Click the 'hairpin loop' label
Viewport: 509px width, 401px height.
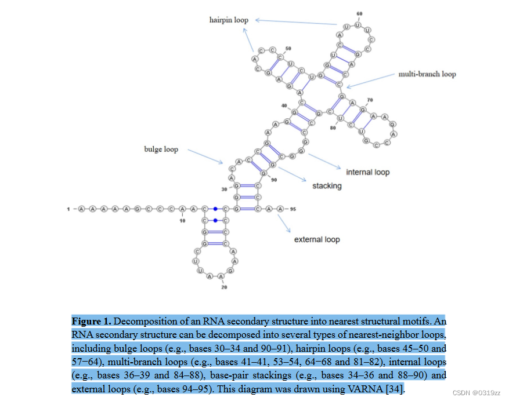pos(229,20)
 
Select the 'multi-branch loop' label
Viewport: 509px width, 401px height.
pos(427,74)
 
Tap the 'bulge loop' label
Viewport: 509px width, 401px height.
pos(161,150)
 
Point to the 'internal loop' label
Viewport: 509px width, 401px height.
pos(367,172)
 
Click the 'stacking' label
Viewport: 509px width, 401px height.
pos(327,186)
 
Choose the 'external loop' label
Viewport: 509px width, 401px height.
pos(316,239)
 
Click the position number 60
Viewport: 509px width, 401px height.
pos(360,13)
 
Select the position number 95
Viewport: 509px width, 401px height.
pos(293,209)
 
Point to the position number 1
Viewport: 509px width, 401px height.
pos(68,209)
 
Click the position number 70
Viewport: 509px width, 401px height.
pos(370,100)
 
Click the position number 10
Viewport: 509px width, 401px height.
pos(183,220)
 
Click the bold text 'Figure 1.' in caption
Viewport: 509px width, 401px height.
pos(91,321)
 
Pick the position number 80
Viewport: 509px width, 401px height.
pos(333,127)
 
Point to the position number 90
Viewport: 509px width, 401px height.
pos(274,180)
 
